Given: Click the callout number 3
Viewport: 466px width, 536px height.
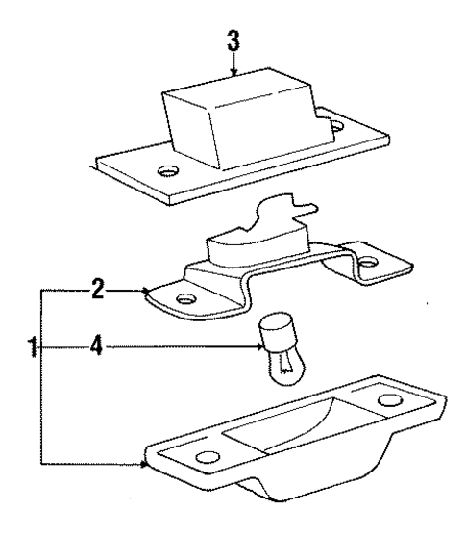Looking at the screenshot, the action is tap(233, 40).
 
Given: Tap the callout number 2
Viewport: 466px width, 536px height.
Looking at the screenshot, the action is tap(98, 290).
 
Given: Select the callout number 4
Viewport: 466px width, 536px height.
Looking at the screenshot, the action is tap(97, 345).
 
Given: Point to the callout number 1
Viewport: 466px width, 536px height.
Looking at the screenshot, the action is tap(33, 346).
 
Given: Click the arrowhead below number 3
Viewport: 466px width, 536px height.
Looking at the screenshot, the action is tap(233, 72).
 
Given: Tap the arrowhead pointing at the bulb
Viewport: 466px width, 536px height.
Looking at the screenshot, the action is tap(260, 347).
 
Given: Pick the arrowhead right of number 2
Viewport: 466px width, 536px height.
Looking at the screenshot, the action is tap(146, 292).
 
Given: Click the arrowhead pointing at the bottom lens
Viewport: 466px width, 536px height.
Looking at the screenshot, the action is tap(145, 464).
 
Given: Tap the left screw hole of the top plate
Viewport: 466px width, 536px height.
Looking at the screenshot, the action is tap(168, 171).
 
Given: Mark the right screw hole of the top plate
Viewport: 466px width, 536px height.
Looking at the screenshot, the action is tap(337, 126).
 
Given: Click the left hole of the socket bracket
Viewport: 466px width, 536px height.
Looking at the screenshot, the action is tap(186, 299).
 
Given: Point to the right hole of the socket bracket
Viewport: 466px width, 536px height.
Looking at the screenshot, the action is tap(369, 262).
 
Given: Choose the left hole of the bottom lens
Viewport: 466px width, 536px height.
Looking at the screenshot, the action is tap(208, 457).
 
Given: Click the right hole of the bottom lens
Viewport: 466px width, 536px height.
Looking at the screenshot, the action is tap(390, 400).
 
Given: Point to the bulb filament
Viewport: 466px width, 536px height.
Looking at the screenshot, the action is tap(285, 363).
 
